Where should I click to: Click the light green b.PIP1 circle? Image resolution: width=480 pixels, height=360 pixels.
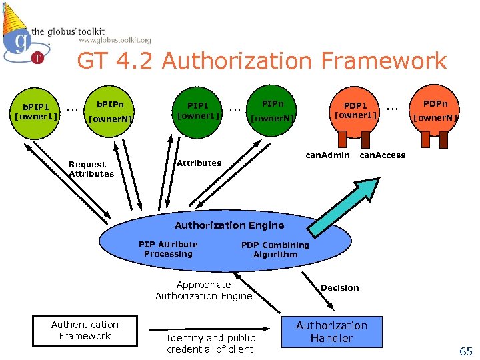tap(37, 112)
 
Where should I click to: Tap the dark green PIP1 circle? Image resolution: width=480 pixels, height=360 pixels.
tap(197, 111)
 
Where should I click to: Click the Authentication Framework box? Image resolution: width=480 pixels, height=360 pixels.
tap(85, 331)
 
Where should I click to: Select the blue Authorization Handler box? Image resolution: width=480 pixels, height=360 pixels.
tap(331, 332)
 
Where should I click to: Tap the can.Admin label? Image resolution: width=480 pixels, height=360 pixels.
tap(327, 155)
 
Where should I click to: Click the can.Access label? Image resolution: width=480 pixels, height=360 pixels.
tap(383, 155)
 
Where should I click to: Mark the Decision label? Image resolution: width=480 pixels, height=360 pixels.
tap(339, 288)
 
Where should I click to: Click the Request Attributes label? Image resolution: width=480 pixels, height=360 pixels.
tap(91, 169)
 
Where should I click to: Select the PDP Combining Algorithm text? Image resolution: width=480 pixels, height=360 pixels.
tap(275, 249)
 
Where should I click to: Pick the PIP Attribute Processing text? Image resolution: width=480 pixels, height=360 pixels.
tap(168, 249)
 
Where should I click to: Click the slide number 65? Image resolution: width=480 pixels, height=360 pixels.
tap(465, 351)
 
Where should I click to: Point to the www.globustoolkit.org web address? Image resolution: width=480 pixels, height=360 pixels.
tap(115, 41)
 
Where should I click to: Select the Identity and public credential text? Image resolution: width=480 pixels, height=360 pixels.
tap(211, 344)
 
